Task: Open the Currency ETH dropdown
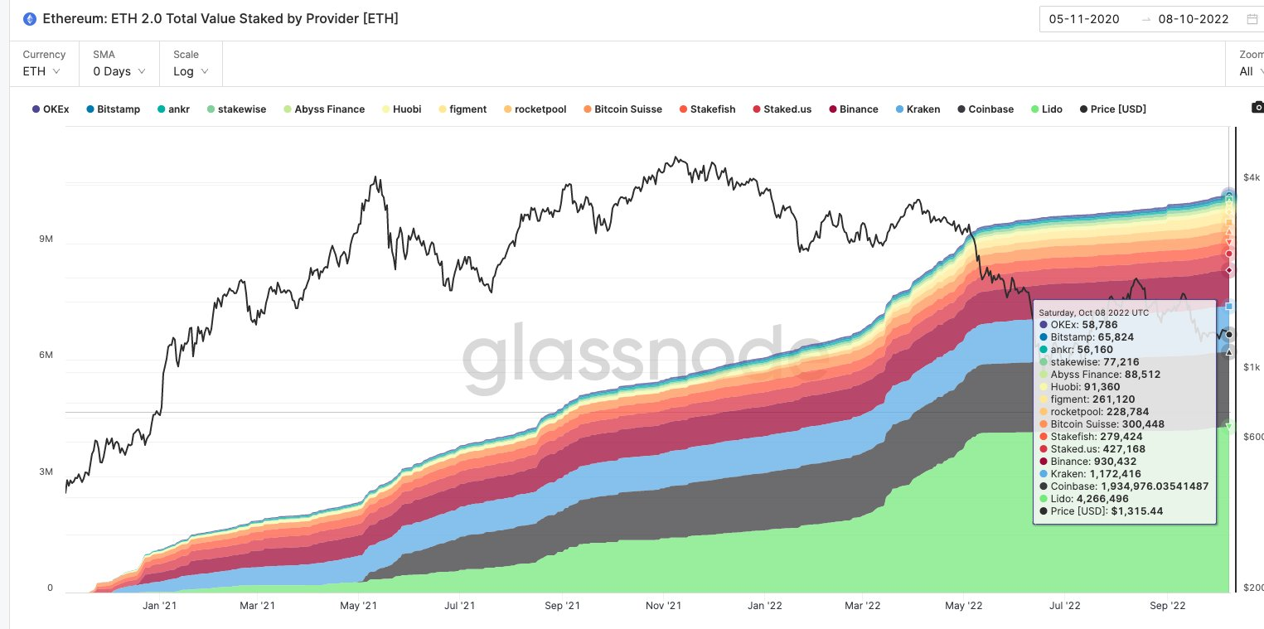pyautogui.click(x=42, y=71)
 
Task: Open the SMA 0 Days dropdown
pyautogui.click(x=119, y=71)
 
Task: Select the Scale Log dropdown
pyautogui.click(x=191, y=71)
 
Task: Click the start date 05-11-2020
pyautogui.click(x=1084, y=19)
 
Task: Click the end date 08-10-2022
pyautogui.click(x=1194, y=19)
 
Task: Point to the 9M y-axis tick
pyautogui.click(x=46, y=239)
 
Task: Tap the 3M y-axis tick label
pyautogui.click(x=46, y=472)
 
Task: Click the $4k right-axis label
pyautogui.click(x=1252, y=177)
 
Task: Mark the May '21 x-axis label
pyautogui.click(x=360, y=606)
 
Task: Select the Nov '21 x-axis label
pyautogui.click(x=663, y=606)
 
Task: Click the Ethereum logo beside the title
pyautogui.click(x=30, y=19)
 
